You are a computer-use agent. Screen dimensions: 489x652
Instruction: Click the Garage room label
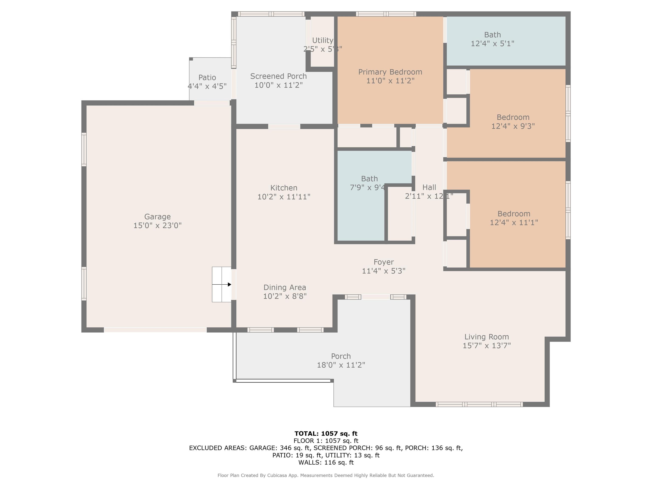[157, 217]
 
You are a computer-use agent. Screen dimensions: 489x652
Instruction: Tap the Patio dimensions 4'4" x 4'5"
[207, 86]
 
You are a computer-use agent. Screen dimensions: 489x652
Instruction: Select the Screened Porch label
[278, 76]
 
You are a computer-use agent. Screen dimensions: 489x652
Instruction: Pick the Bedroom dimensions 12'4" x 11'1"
[514, 223]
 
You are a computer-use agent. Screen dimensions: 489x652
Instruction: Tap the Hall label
[429, 187]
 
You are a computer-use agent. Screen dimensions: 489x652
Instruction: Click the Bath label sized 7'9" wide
[369, 179]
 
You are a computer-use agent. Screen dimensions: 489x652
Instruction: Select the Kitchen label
[284, 188]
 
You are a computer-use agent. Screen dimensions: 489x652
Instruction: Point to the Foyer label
[384, 262]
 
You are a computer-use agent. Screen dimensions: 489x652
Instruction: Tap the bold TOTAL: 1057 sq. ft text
[326, 434]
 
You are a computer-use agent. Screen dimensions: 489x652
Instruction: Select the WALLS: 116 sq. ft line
[326, 462]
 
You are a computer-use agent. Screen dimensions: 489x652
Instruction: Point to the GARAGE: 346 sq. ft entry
[280, 448]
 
